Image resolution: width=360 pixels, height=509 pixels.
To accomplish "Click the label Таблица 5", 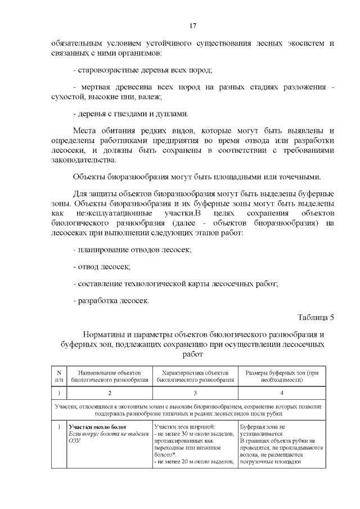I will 315,317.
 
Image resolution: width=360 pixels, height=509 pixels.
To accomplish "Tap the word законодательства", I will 86,160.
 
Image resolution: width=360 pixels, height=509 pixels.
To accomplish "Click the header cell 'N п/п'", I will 59,376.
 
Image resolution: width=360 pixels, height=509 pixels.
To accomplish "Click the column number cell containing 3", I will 195,393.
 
